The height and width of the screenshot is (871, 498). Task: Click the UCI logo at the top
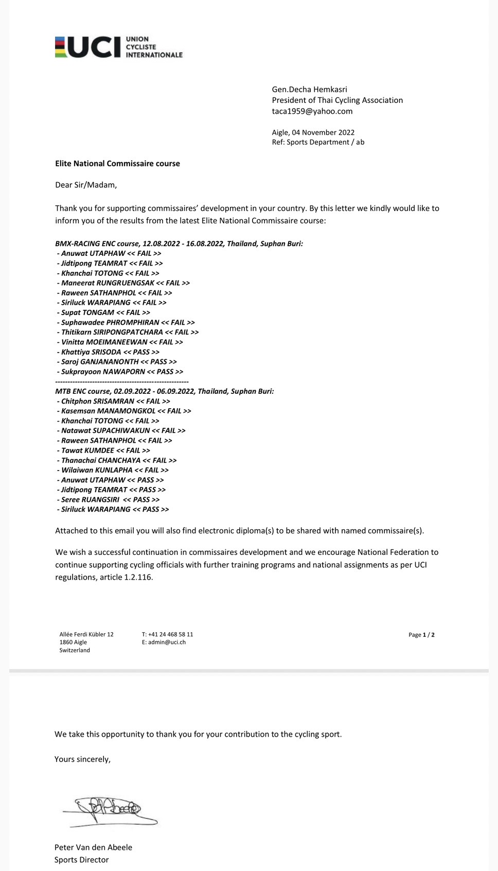click(x=118, y=47)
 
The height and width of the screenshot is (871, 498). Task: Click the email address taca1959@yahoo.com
click(x=312, y=111)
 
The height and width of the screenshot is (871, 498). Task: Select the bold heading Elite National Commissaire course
click(x=117, y=164)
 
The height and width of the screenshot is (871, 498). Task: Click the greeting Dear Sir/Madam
click(x=86, y=185)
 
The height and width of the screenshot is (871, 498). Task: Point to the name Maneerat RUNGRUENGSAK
click(x=108, y=283)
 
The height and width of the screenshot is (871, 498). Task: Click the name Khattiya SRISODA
click(x=91, y=352)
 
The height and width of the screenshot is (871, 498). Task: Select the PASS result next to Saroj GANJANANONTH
click(x=158, y=362)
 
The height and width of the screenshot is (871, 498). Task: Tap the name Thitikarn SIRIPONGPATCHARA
click(x=112, y=333)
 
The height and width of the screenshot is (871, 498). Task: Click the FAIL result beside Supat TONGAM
click(x=133, y=312)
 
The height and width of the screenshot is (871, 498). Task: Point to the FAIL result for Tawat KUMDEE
click(x=133, y=450)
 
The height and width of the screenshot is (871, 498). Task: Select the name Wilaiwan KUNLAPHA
click(x=97, y=470)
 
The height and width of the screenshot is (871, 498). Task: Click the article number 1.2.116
click(x=138, y=577)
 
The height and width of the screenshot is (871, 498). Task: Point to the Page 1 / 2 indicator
click(x=421, y=635)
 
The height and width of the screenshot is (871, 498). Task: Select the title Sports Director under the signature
click(x=81, y=860)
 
